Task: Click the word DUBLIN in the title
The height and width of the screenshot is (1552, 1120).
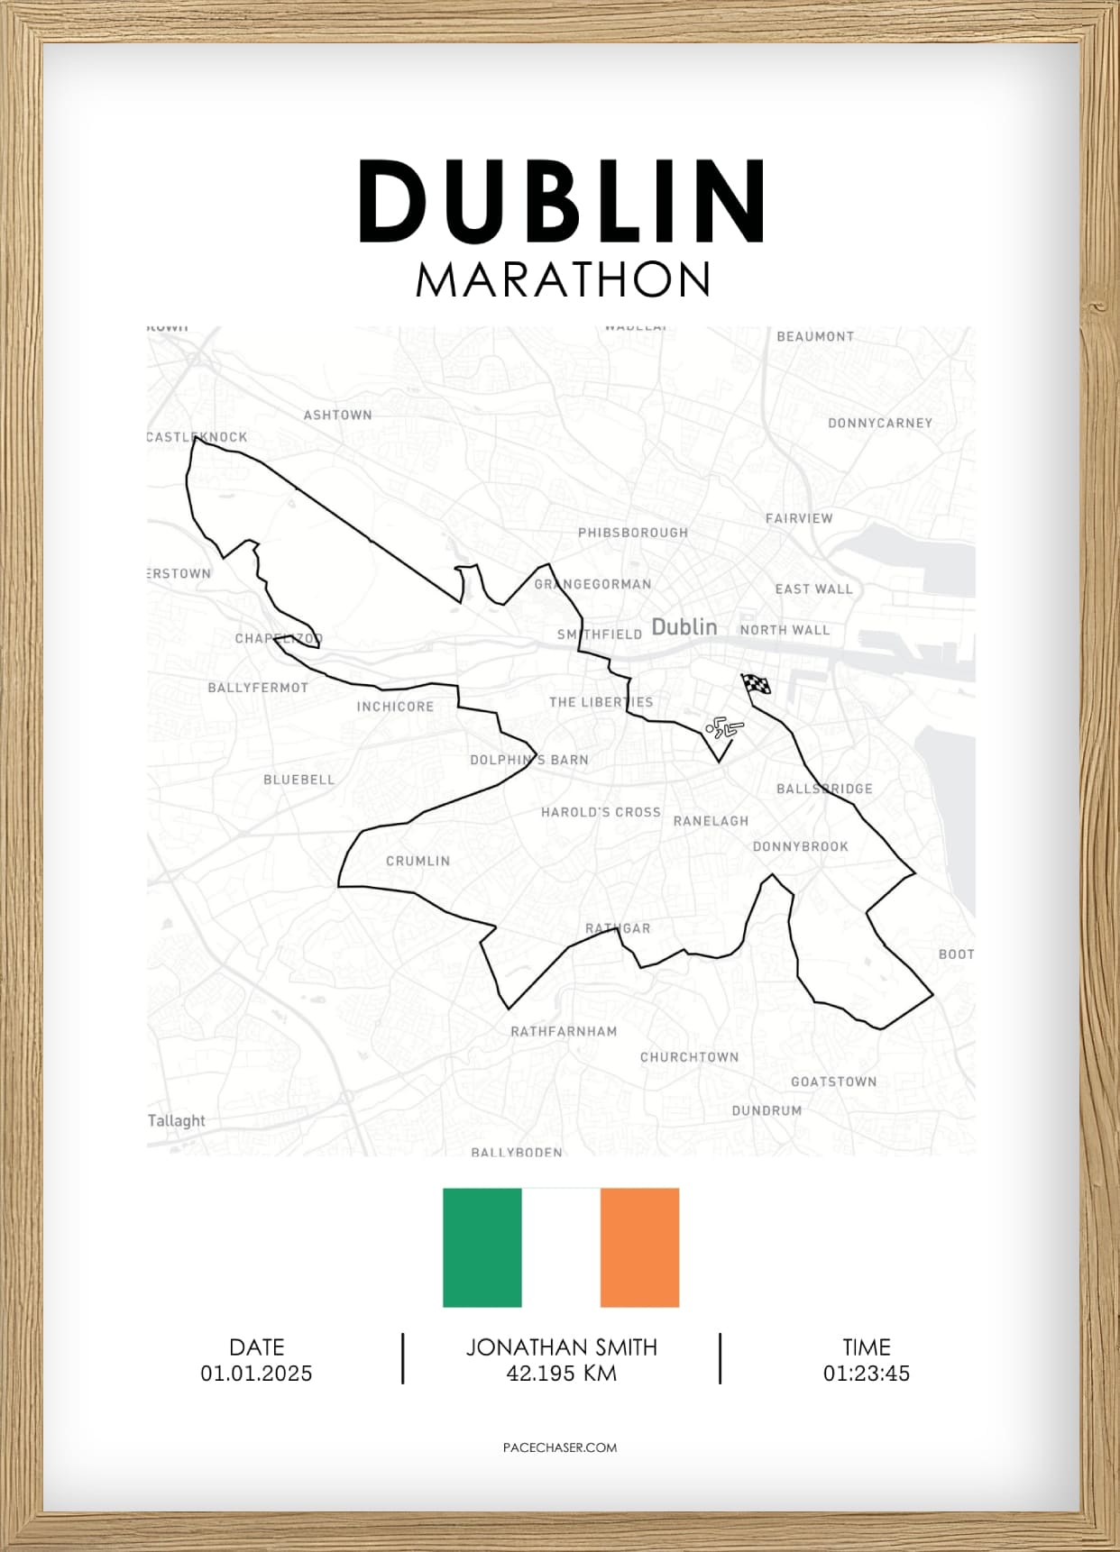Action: click(x=563, y=202)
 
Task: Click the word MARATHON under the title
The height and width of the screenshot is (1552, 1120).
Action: click(x=563, y=279)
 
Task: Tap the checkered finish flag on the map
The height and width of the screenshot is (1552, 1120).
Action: click(x=756, y=685)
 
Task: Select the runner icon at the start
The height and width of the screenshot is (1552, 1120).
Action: click(x=724, y=727)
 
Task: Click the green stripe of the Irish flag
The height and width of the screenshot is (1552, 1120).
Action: click(x=482, y=1246)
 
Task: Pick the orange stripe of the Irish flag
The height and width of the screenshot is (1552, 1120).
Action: click(x=639, y=1246)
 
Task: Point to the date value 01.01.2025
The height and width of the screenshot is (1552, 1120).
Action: click(x=256, y=1374)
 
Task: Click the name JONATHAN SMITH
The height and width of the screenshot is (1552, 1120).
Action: click(x=561, y=1347)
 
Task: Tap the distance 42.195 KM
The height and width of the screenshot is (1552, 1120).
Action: click(x=561, y=1374)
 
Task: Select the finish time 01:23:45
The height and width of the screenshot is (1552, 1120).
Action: click(x=866, y=1374)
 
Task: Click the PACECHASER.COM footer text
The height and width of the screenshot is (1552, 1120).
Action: click(x=560, y=1447)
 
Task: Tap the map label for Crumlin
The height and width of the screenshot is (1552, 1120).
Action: click(x=418, y=861)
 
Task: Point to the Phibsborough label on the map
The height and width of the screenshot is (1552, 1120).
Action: click(x=632, y=533)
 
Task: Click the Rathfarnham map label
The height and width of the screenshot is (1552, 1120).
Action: click(x=564, y=1031)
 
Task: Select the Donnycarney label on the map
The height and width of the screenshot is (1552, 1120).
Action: click(x=879, y=423)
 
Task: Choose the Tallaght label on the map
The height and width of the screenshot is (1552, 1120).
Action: click(x=177, y=1120)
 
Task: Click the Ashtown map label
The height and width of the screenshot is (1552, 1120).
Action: click(x=337, y=415)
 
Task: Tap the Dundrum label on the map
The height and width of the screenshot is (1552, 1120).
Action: click(x=767, y=1110)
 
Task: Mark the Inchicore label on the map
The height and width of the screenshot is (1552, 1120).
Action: click(x=395, y=707)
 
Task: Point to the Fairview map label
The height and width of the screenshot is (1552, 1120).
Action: click(x=799, y=518)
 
